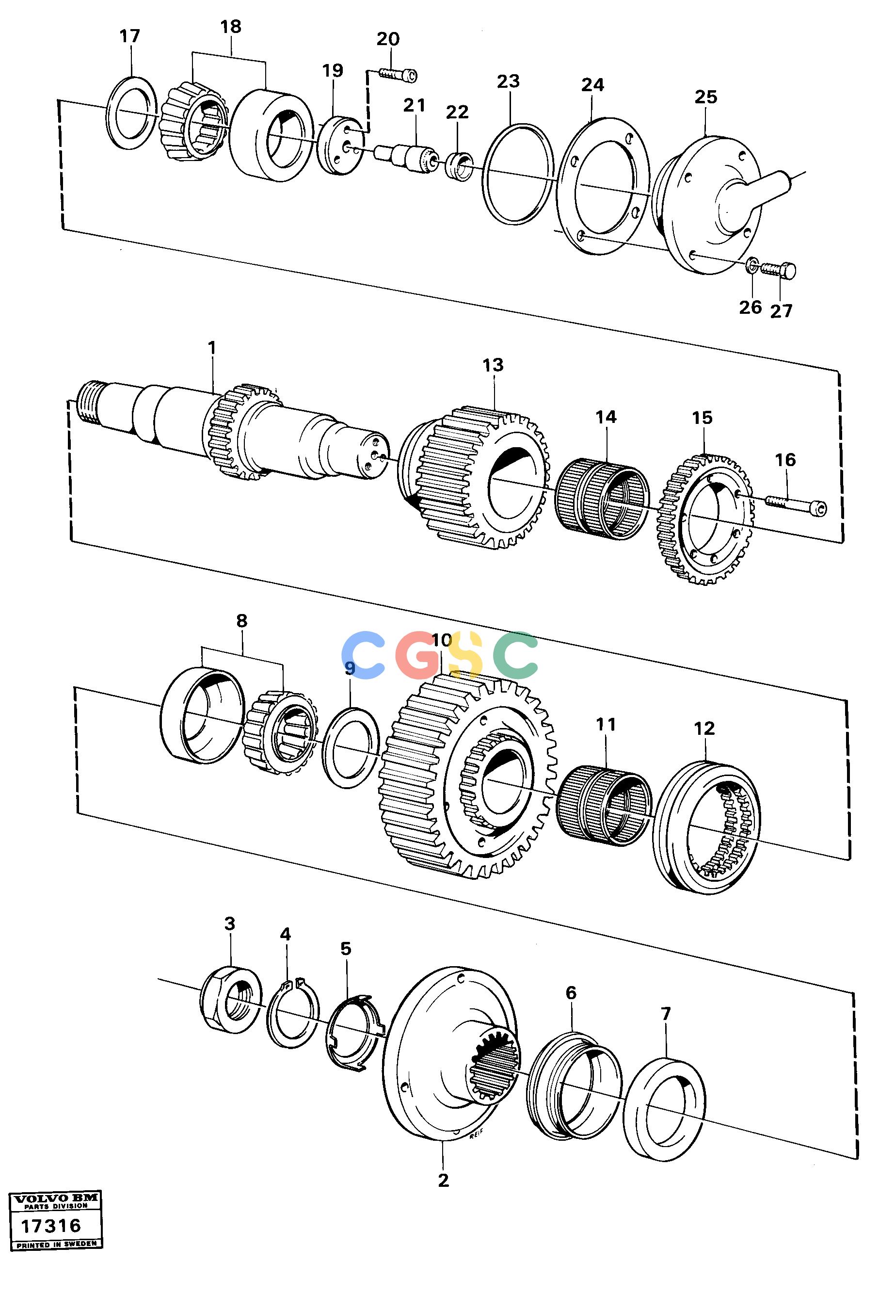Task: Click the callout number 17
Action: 129,36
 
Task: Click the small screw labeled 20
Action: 398,74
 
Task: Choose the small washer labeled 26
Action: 752,265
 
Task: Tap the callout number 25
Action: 705,97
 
